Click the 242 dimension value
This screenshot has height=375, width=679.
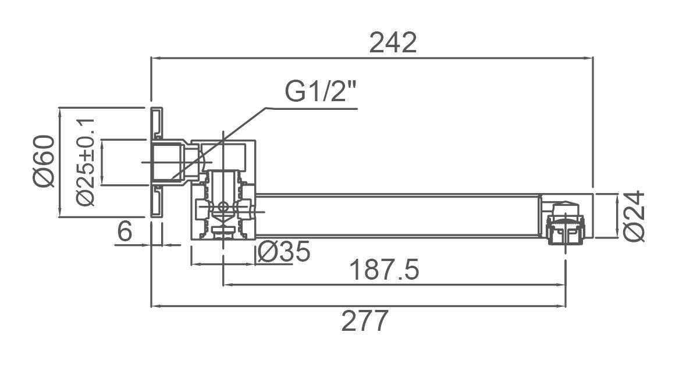[394, 43]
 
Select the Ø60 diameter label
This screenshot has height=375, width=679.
[44, 160]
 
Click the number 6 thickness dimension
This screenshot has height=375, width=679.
[125, 232]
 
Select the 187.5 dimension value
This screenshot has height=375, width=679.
[384, 270]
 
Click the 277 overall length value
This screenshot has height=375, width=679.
[365, 321]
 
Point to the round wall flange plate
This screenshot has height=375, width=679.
[156, 162]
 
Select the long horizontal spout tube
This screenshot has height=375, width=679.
[396, 215]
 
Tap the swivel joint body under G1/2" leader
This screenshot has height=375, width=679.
[224, 192]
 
